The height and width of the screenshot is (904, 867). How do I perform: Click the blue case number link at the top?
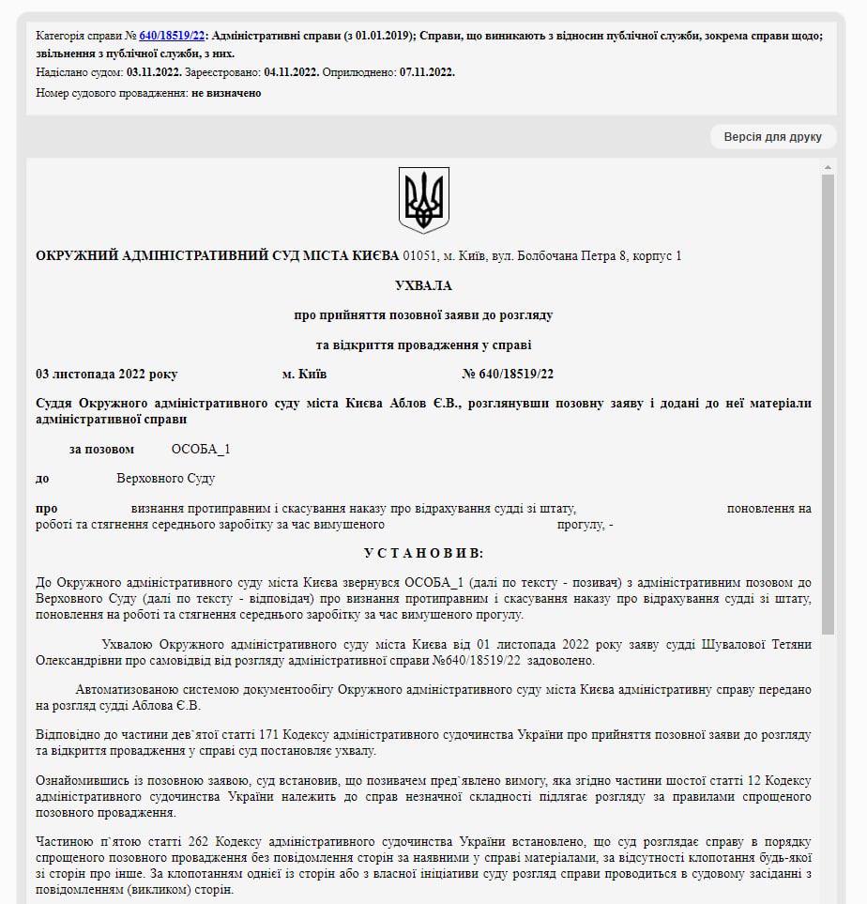[172, 36]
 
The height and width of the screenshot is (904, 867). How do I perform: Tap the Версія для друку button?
[772, 137]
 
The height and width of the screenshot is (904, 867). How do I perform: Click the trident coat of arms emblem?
[424, 199]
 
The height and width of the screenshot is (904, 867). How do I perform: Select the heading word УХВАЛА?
[423, 285]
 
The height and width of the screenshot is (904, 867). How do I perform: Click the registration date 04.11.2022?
[291, 72]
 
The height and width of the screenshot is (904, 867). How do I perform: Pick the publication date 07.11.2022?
[427, 72]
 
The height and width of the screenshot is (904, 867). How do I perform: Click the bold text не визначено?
[226, 93]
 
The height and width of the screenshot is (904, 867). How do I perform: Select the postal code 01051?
[420, 255]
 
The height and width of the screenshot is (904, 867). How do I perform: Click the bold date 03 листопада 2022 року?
[106, 374]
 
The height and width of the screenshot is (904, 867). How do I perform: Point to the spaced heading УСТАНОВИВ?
[424, 554]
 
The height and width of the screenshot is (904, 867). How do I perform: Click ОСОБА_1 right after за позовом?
[201, 449]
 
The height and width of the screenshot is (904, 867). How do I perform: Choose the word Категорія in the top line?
[64, 36]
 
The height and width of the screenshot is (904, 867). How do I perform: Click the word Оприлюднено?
[359, 72]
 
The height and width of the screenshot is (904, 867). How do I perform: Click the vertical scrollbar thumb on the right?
[828, 404]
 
